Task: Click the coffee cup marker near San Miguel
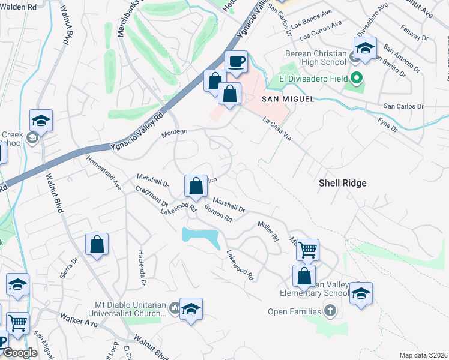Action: coord(236,61)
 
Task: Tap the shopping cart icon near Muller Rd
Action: coord(307,249)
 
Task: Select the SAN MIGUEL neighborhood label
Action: coord(288,99)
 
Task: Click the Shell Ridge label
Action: coord(343,183)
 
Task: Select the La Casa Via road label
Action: coord(277,129)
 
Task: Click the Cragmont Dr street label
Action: coord(151,199)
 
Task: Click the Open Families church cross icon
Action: coord(330,311)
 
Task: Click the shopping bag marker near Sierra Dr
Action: coord(97,245)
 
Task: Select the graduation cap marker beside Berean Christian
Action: coord(364,49)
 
